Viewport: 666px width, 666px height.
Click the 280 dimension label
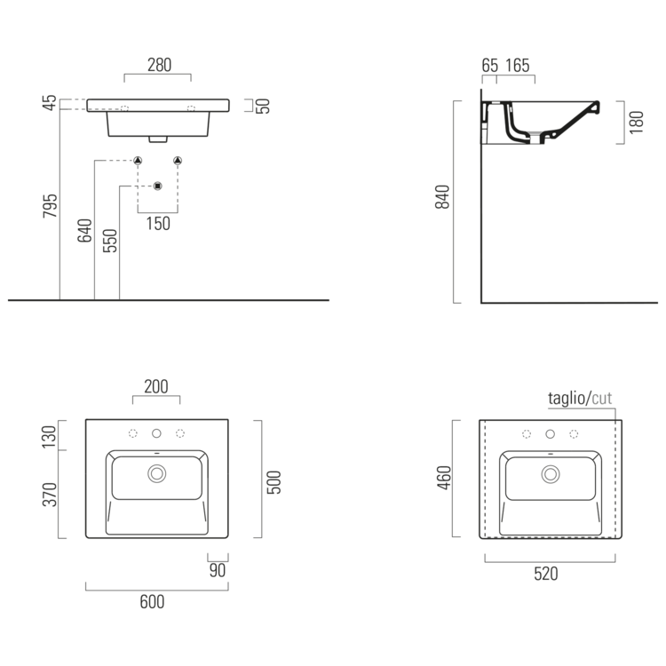159,65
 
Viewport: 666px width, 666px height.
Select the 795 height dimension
50,206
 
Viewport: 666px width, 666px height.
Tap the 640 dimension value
84,231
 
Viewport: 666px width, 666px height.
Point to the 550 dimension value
109,241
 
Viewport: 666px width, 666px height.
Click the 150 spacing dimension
158,224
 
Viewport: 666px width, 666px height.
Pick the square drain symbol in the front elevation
157,186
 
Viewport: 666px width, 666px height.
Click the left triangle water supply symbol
138,161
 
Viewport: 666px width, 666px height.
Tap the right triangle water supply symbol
178,161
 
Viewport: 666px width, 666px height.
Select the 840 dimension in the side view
442,196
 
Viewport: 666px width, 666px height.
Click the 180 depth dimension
636,123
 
